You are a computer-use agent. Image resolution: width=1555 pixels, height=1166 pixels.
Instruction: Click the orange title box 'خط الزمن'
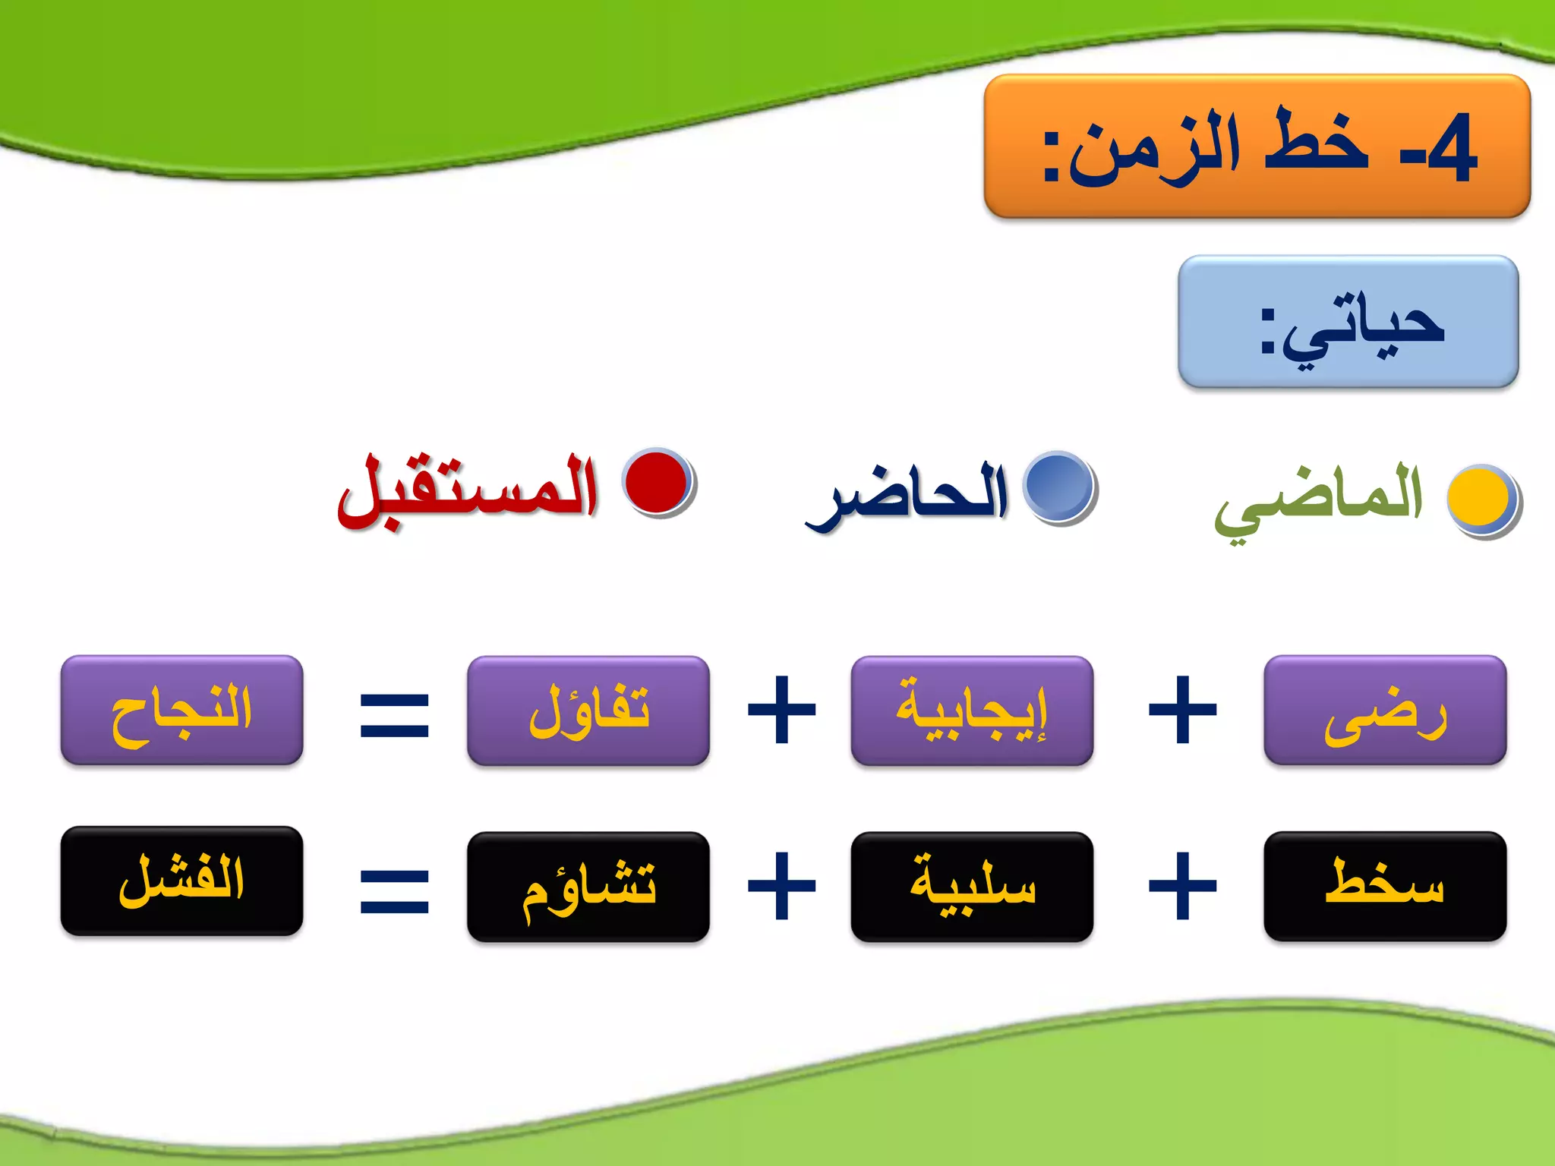(1257, 146)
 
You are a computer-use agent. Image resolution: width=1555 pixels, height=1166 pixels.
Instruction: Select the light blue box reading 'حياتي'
(1348, 322)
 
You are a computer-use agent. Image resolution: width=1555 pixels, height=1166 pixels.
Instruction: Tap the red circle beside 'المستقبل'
(657, 481)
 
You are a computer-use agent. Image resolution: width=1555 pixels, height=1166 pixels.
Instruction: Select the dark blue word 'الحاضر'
(907, 495)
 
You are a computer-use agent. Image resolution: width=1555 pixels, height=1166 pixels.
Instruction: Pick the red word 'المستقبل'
(468, 490)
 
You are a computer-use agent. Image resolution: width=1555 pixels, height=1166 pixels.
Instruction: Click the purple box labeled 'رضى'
(1384, 711)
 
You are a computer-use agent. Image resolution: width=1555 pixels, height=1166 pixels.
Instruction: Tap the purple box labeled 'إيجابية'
(972, 711)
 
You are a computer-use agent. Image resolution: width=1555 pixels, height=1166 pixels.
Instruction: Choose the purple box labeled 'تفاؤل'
(588, 711)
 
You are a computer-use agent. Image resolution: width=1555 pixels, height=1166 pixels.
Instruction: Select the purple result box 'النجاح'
(181, 711)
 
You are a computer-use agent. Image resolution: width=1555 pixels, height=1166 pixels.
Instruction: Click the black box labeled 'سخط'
(1384, 887)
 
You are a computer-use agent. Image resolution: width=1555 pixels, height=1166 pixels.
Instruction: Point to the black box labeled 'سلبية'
(972, 887)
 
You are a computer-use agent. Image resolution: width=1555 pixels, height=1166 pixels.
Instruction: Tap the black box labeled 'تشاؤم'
(588, 887)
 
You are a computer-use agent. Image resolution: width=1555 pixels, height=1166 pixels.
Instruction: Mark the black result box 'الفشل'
(181, 881)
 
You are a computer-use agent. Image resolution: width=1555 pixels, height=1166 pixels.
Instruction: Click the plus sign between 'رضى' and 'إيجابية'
(1182, 711)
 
